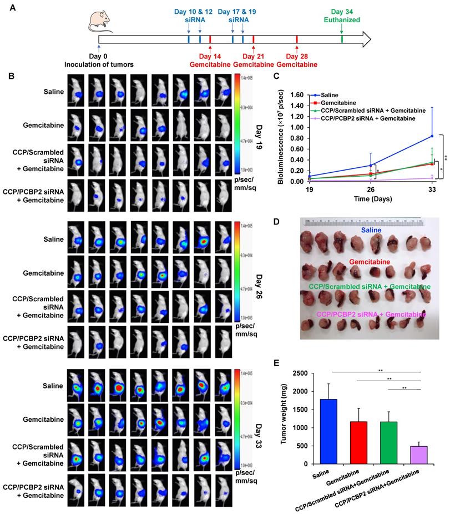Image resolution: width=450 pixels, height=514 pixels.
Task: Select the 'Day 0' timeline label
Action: pyautogui.click(x=99, y=56)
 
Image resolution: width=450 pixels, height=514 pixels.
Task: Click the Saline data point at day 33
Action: pyautogui.click(x=432, y=136)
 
